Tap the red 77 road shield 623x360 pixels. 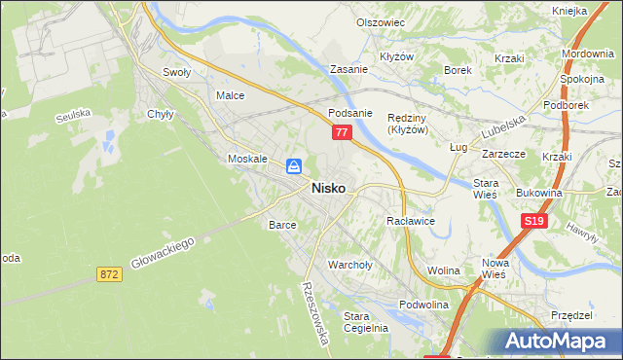coord(341,133)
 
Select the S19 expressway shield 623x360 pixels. coord(532,222)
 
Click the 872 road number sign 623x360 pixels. coord(109,275)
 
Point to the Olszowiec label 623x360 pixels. coord(380,22)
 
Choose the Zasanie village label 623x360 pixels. coord(348,70)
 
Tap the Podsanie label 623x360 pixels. coord(350,113)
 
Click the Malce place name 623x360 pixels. coord(230,96)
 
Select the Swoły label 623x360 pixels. coord(176,72)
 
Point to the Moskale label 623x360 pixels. coord(246,159)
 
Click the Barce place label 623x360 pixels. coord(282,225)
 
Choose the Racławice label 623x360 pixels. coord(410,222)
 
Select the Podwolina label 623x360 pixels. coord(421,305)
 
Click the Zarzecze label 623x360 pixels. coord(503,154)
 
